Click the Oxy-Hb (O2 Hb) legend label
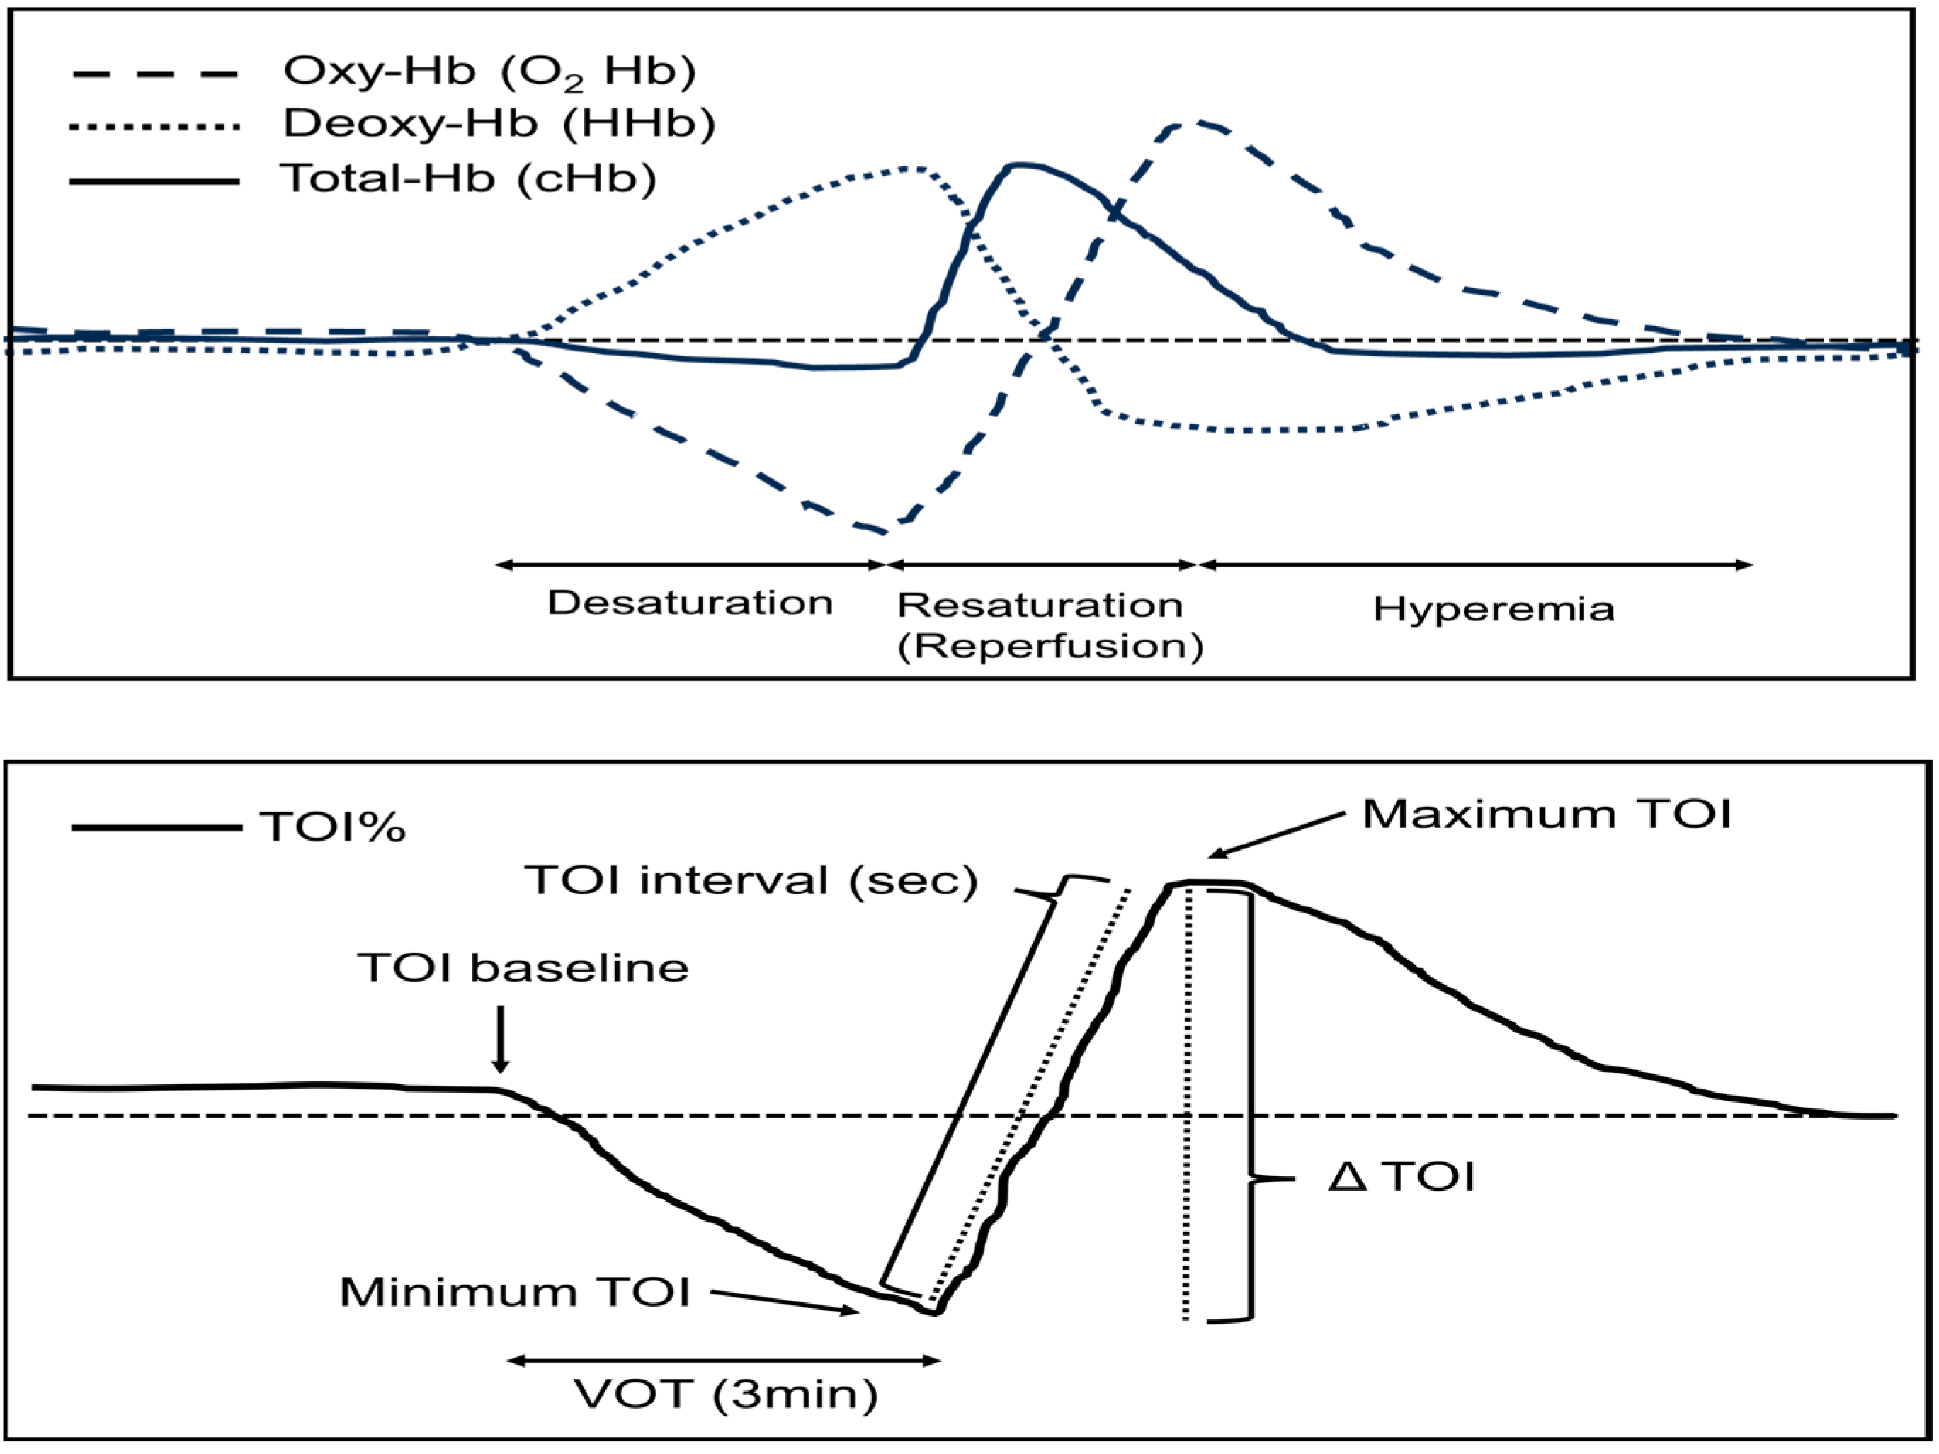[x=489, y=72]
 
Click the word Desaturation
[x=690, y=603]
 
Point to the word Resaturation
[x=1040, y=605]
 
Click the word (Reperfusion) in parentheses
[x=1050, y=646]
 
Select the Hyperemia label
[x=1493, y=608]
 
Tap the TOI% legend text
[x=333, y=827]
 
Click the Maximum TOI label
[x=1546, y=814]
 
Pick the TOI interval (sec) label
[x=751, y=879]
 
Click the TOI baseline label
[x=523, y=967]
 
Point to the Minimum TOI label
[x=516, y=1292]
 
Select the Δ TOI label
[x=1401, y=1176]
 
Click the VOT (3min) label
[x=726, y=1394]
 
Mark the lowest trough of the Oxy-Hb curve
[x=880, y=531]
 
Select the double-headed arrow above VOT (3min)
[x=724, y=1361]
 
